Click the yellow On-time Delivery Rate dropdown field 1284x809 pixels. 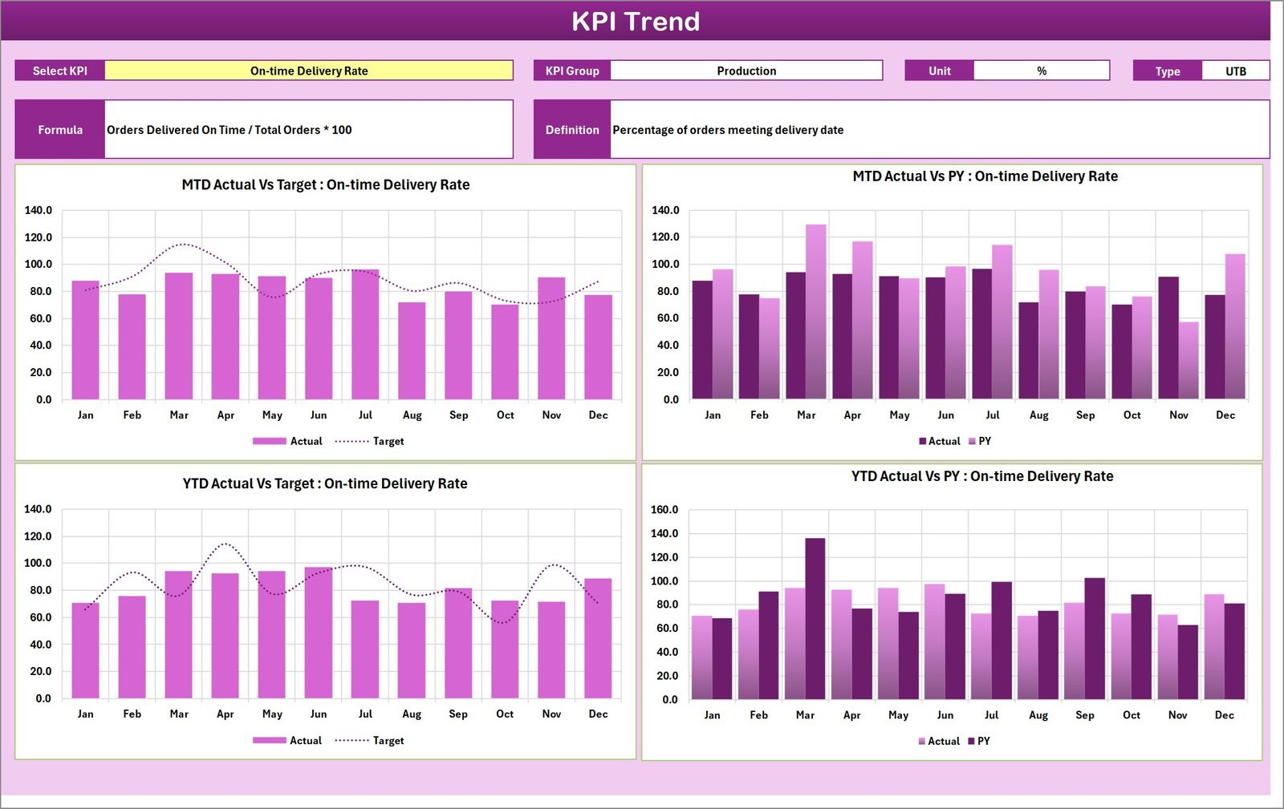(x=309, y=71)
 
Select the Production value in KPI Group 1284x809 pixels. (x=746, y=71)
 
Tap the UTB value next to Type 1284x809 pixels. (x=1235, y=71)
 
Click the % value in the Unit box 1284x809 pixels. (x=1041, y=71)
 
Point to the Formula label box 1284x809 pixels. (x=60, y=129)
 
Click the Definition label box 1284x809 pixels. (x=572, y=129)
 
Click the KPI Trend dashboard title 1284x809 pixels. (x=635, y=21)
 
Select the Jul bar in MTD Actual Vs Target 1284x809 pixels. (x=365, y=334)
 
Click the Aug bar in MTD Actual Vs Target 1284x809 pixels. (x=412, y=350)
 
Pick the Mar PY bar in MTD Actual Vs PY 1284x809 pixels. (x=816, y=312)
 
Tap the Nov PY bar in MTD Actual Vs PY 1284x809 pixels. (x=1189, y=360)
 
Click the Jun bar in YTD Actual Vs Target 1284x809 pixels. (x=319, y=633)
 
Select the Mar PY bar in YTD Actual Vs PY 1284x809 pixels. (x=815, y=618)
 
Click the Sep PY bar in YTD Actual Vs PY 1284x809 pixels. (x=1095, y=638)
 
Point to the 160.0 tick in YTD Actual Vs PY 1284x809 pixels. (x=664, y=510)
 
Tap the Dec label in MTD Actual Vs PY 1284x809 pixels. (x=1225, y=415)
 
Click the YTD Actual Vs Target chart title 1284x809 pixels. (x=325, y=483)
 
